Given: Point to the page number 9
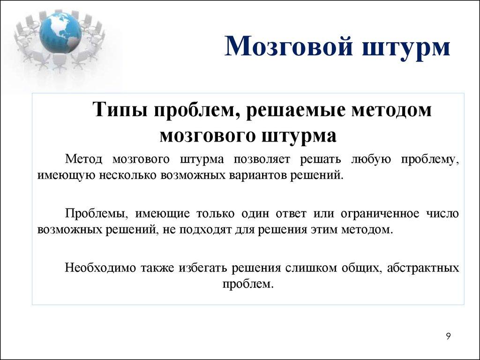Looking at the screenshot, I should (x=448, y=337).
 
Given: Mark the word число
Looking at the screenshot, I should (x=444, y=214).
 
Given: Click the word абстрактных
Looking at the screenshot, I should (x=421, y=268).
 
